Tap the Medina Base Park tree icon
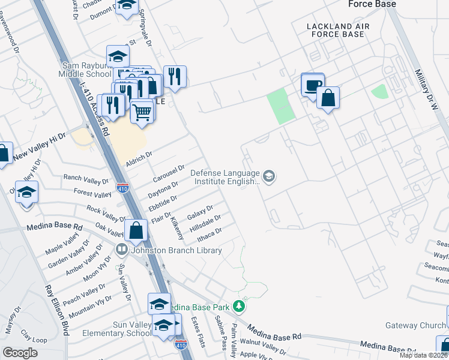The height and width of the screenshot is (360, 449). point(240,307)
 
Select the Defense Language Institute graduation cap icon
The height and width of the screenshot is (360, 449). point(269,176)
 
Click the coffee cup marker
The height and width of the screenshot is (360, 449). point(312,85)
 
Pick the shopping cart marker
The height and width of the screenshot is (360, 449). point(142,110)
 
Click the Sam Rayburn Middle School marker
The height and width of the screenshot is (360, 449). point(118,58)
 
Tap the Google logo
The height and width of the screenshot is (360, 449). point(20,353)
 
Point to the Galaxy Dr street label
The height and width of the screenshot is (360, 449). point(200,212)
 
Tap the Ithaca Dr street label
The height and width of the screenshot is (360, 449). point(210,232)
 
